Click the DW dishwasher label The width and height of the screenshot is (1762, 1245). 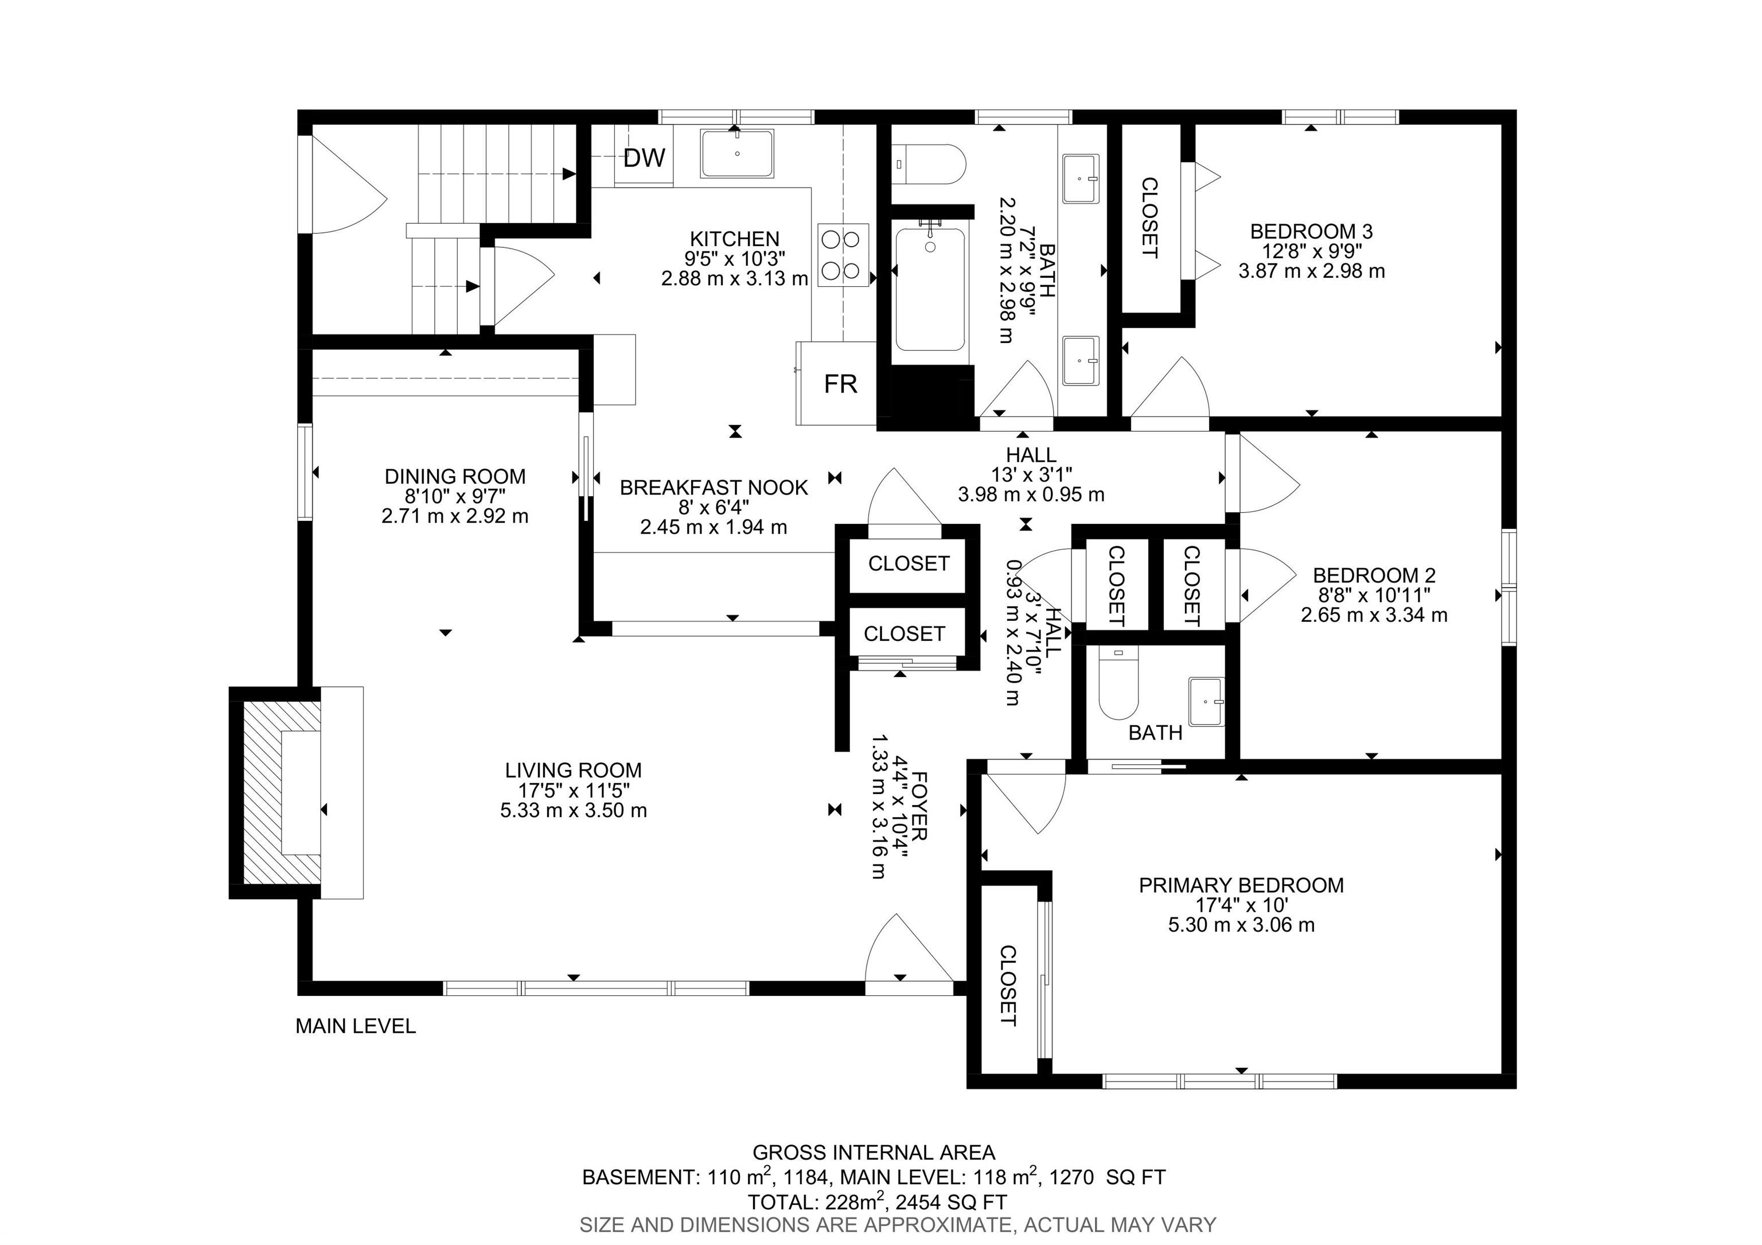(644, 158)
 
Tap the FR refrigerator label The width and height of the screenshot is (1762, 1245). (840, 384)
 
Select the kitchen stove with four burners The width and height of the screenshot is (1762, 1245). (843, 255)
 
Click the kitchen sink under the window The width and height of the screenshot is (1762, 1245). (736, 154)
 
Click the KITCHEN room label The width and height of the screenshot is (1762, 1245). (734, 239)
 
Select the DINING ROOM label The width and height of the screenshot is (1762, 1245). (455, 477)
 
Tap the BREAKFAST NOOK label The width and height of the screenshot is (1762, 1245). (714, 488)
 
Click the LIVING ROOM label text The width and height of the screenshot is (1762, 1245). (573, 770)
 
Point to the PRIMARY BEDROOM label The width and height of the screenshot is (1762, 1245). (1241, 885)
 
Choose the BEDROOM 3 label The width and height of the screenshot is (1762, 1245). (1312, 231)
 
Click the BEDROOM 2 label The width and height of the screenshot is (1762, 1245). (1374, 575)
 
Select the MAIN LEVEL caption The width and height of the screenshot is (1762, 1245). (356, 1026)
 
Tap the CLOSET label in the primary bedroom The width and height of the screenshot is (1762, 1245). (1008, 986)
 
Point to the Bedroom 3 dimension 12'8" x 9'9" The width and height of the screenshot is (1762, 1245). (1312, 251)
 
